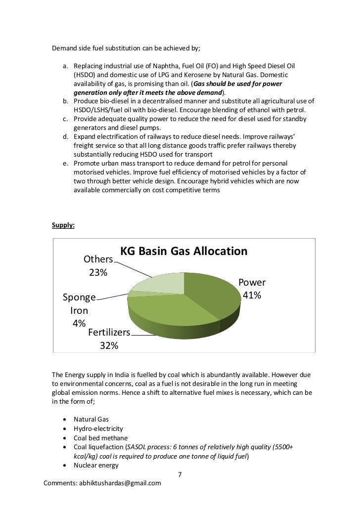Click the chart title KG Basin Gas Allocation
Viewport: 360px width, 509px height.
(x=184, y=251)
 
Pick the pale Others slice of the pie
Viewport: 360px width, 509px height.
(x=158, y=282)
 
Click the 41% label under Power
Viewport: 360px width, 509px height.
(x=252, y=296)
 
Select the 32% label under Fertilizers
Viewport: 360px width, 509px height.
(x=109, y=345)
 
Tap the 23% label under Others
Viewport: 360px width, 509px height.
(x=98, y=272)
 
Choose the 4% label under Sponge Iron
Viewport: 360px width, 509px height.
(x=79, y=323)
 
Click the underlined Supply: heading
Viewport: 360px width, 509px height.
(x=63, y=225)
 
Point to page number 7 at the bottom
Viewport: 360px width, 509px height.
(x=180, y=475)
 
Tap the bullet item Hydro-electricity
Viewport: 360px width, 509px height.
(x=98, y=428)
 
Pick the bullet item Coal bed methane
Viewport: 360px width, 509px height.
(x=100, y=438)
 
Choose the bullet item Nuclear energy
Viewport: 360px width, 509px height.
(x=96, y=465)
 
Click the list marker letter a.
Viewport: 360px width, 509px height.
(x=64, y=66)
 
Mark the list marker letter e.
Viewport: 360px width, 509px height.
(x=64, y=164)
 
